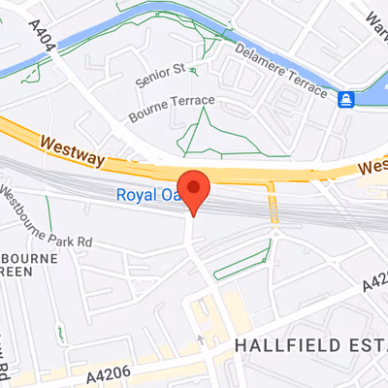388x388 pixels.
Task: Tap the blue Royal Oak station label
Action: [145, 195]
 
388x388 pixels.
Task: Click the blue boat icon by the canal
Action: [346, 99]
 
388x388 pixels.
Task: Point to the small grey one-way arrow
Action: [200, 339]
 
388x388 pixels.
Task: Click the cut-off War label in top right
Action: [373, 13]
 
